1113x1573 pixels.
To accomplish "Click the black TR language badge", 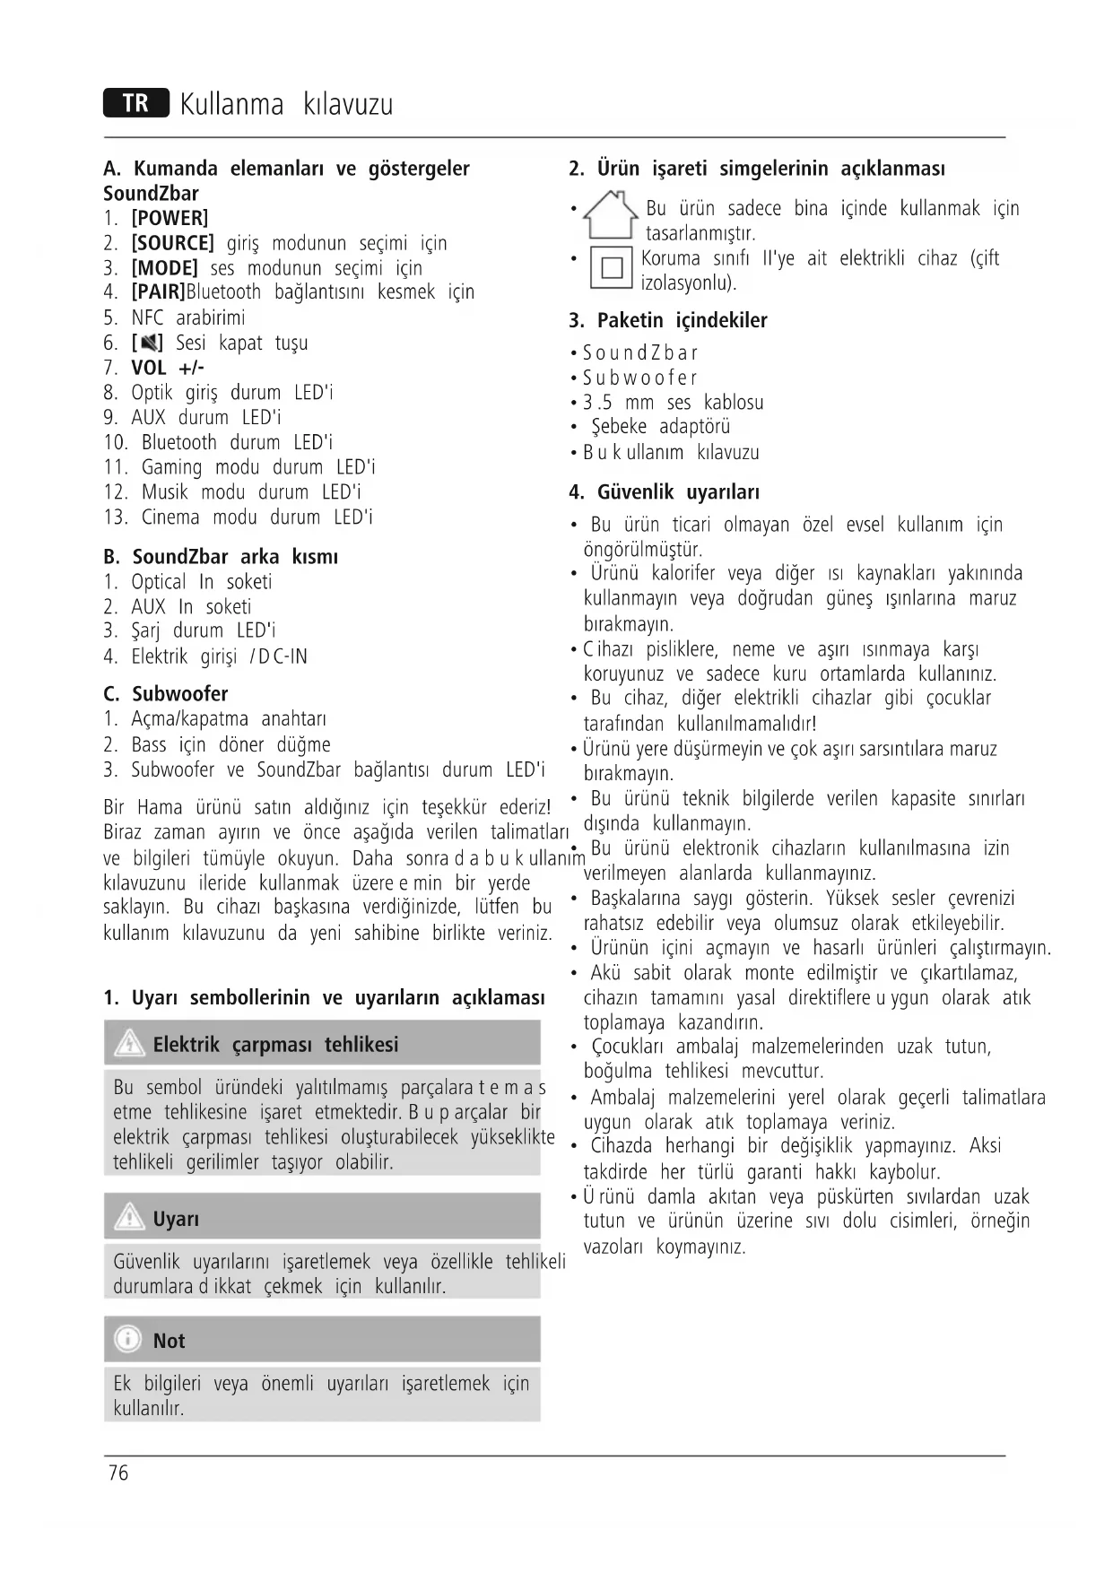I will pyautogui.click(x=135, y=104).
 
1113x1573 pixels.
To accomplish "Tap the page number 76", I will pyautogui.click(x=117, y=1473).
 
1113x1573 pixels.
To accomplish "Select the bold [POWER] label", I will pyautogui.click(x=170, y=218).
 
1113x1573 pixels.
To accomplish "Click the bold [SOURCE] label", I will pyautogui.click(x=172, y=243).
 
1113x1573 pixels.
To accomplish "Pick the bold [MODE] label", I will pyautogui.click(x=164, y=268).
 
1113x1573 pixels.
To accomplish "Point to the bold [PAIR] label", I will pyautogui.click(x=158, y=292).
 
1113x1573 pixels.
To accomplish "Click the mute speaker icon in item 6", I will pyautogui.click(x=148, y=343).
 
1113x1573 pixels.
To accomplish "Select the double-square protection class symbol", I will pyautogui.click(x=612, y=267).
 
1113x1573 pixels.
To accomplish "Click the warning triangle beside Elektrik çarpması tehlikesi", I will pyautogui.click(x=130, y=1044).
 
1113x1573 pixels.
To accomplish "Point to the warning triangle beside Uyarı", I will pyautogui.click(x=130, y=1218).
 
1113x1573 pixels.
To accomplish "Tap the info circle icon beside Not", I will pyautogui.click(x=128, y=1340).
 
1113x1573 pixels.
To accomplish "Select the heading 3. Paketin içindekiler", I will pyautogui.click(x=667, y=321).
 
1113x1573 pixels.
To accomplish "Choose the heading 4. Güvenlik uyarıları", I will pyautogui.click(x=664, y=492).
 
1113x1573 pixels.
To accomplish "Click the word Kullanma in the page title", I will pyautogui.click(x=231, y=105).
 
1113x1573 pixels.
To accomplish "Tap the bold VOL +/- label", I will pyautogui.click(x=168, y=368).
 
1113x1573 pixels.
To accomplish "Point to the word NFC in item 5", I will pyautogui.click(x=148, y=317).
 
